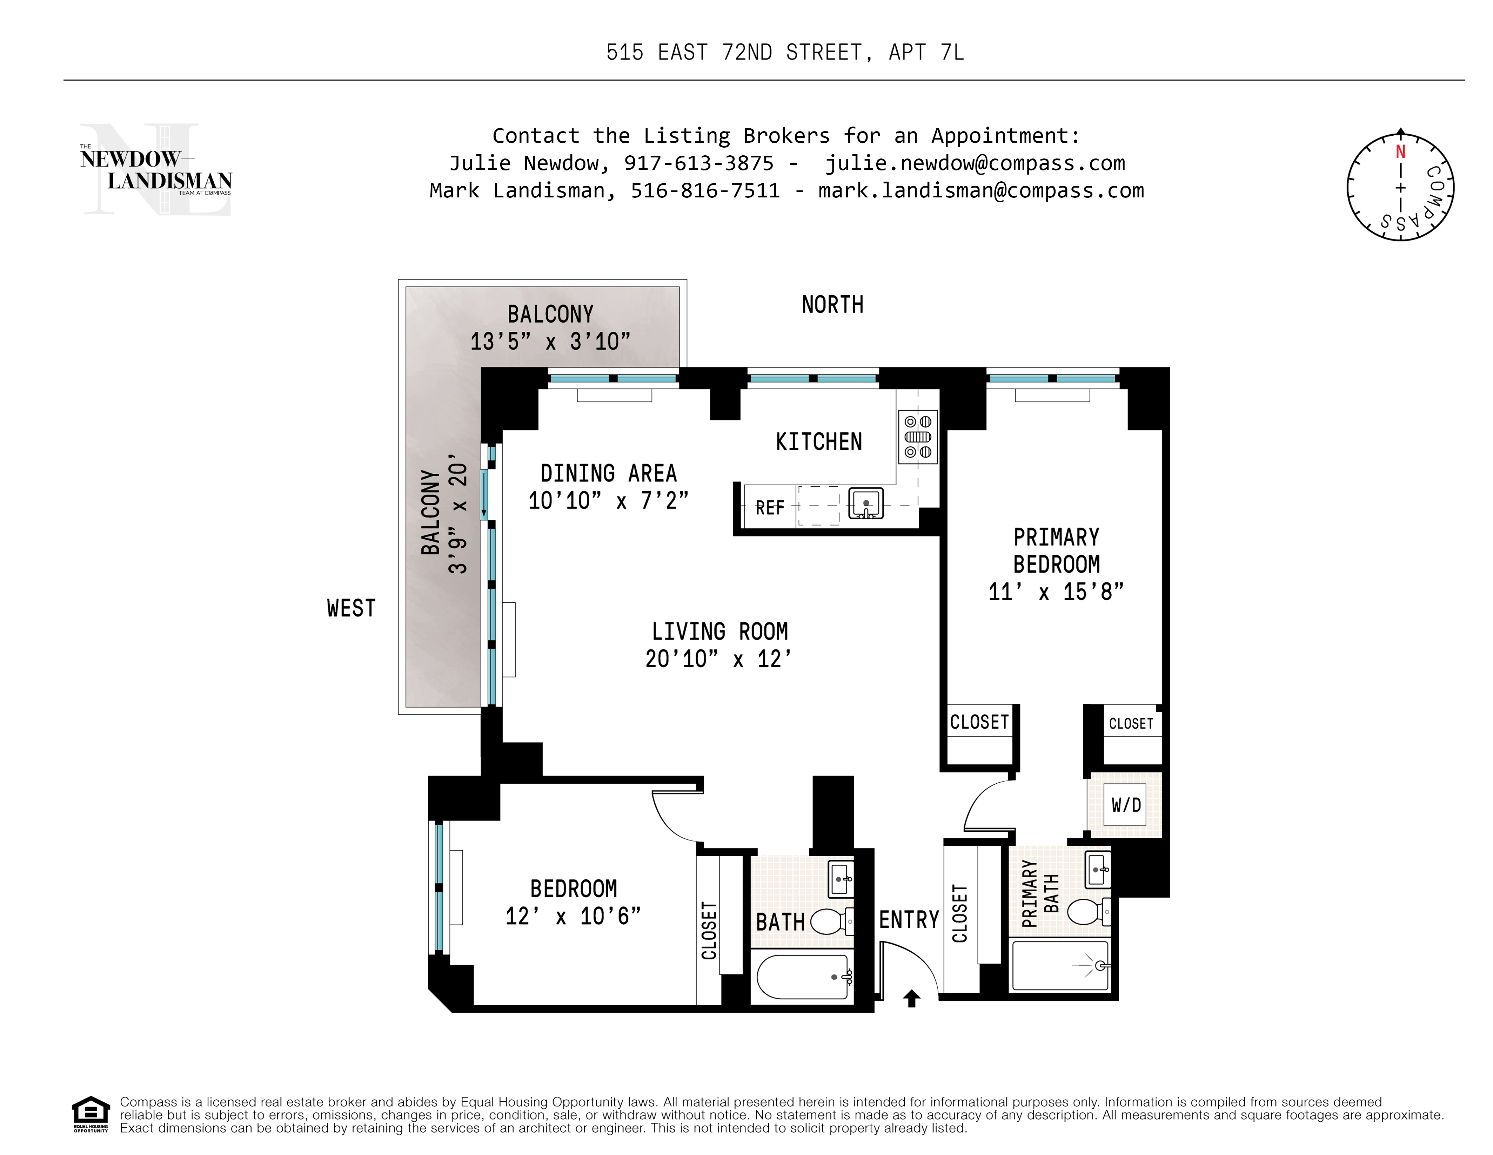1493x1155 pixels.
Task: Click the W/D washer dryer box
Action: tap(1125, 805)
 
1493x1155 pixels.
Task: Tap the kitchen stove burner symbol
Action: tap(917, 437)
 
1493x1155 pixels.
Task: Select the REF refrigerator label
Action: tap(770, 508)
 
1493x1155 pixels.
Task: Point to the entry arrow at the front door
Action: tap(911, 999)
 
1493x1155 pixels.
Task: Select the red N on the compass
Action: tap(1400, 152)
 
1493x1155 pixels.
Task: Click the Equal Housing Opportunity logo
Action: tap(91, 1114)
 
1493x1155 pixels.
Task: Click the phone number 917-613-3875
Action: tap(699, 163)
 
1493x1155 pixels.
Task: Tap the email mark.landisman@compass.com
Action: tap(981, 191)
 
